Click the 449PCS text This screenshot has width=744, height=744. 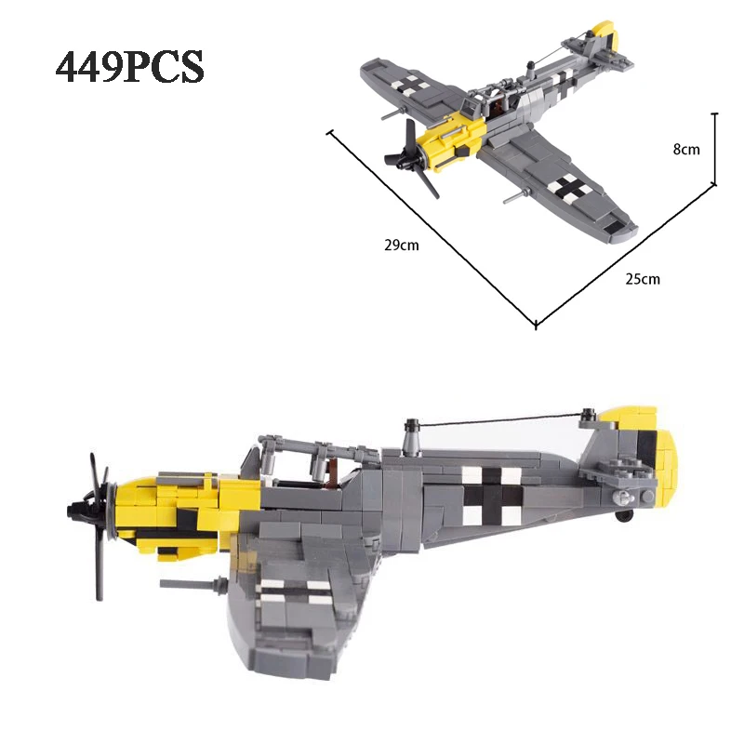(x=130, y=68)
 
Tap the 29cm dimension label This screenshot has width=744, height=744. (x=401, y=246)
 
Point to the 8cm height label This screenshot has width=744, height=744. (x=685, y=150)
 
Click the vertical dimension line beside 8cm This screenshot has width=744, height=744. (x=714, y=149)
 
